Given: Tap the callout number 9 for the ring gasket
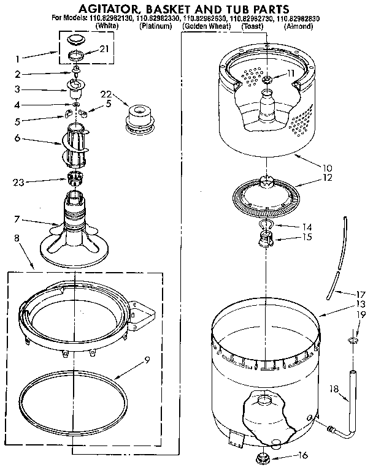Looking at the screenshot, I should [147, 360].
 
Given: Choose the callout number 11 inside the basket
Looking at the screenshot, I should [291, 73].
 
